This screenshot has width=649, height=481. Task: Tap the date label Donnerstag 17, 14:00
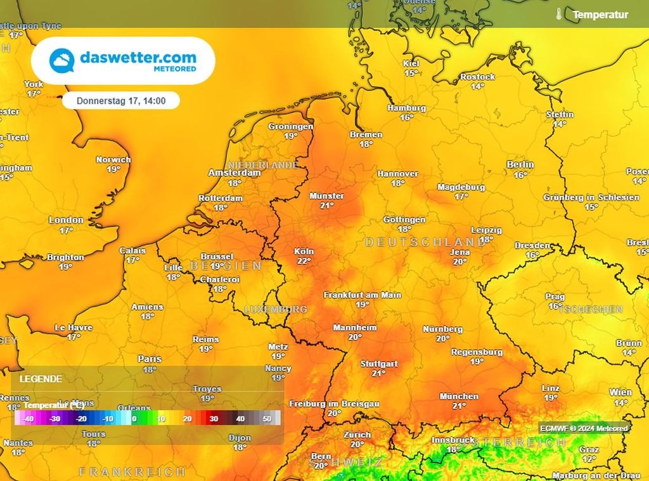(121, 100)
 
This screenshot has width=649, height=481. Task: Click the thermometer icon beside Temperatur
(558, 14)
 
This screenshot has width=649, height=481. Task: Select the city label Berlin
(520, 164)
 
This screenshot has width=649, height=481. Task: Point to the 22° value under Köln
(304, 261)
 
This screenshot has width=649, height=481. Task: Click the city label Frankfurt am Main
(363, 295)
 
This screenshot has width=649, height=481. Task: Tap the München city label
(459, 396)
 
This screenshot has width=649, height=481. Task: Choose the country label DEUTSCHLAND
(425, 242)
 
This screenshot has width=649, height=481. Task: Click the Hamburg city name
(406, 108)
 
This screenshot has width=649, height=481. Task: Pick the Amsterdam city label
(235, 173)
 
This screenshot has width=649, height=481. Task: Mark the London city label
(66, 220)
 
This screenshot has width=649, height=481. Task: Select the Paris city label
(150, 359)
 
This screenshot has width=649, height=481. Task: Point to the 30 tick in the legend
(214, 419)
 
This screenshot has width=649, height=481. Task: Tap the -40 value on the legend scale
(27, 419)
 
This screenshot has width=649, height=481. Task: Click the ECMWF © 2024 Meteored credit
(584, 428)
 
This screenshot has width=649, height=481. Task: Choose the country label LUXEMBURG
(276, 309)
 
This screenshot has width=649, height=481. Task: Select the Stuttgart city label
(378, 364)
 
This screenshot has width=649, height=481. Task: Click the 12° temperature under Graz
(589, 459)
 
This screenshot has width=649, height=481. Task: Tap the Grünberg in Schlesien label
(591, 197)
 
